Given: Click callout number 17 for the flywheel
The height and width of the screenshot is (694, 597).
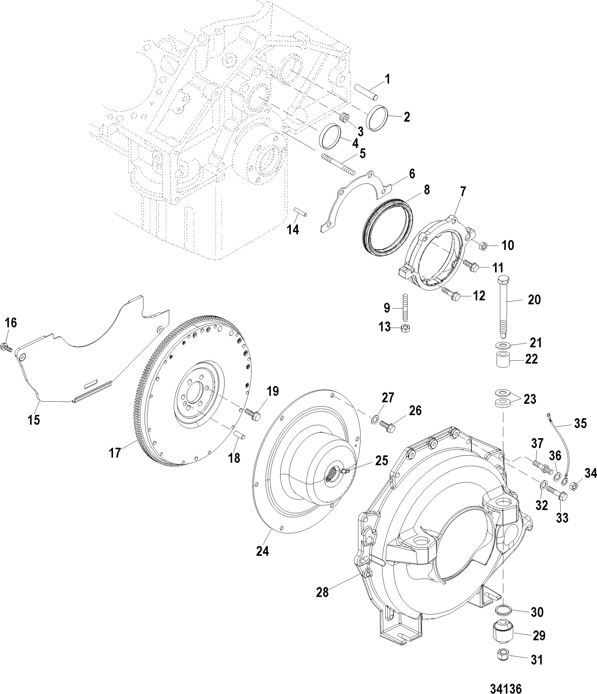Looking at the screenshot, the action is [115, 453].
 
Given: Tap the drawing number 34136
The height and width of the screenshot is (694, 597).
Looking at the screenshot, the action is [506, 688].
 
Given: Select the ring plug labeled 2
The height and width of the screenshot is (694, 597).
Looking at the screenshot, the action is [377, 117].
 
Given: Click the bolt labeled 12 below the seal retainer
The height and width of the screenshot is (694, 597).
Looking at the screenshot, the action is [451, 293].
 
